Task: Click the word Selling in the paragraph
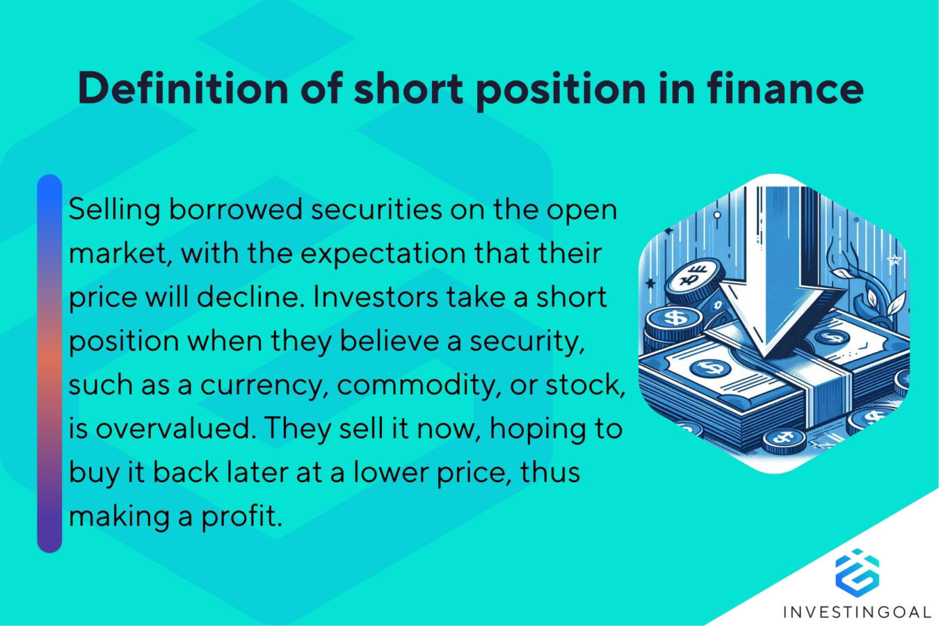pyautogui.click(x=114, y=209)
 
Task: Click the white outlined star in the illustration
pyautogui.click(x=895, y=261)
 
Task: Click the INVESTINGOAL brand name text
pyautogui.click(x=856, y=612)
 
